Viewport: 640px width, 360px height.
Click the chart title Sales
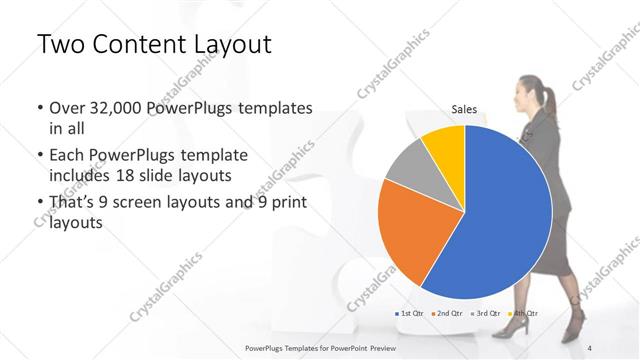click(464, 109)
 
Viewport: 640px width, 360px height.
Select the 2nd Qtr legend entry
click(447, 314)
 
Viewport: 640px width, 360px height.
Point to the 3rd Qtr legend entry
click(484, 314)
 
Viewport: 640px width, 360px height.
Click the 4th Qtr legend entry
click(519, 314)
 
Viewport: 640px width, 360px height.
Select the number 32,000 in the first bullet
click(114, 108)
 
